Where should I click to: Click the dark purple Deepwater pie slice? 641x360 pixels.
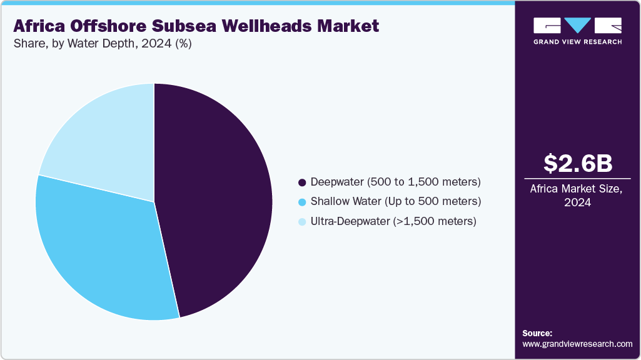(219, 200)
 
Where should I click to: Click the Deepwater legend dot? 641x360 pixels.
(303, 182)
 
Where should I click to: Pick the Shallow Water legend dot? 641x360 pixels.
(303, 202)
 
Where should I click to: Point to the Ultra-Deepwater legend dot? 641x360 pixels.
(303, 221)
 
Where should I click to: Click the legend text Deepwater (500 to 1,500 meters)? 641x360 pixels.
(395, 182)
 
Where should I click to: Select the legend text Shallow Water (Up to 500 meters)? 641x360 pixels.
(395, 202)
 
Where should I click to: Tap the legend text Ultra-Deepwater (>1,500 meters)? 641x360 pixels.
(393, 221)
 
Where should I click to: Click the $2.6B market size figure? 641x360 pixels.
(577, 164)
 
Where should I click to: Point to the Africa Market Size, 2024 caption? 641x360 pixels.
(577, 196)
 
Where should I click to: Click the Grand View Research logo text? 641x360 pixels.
(577, 42)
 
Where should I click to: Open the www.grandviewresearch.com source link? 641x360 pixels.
(577, 344)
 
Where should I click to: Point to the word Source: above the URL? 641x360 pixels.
(537, 333)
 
